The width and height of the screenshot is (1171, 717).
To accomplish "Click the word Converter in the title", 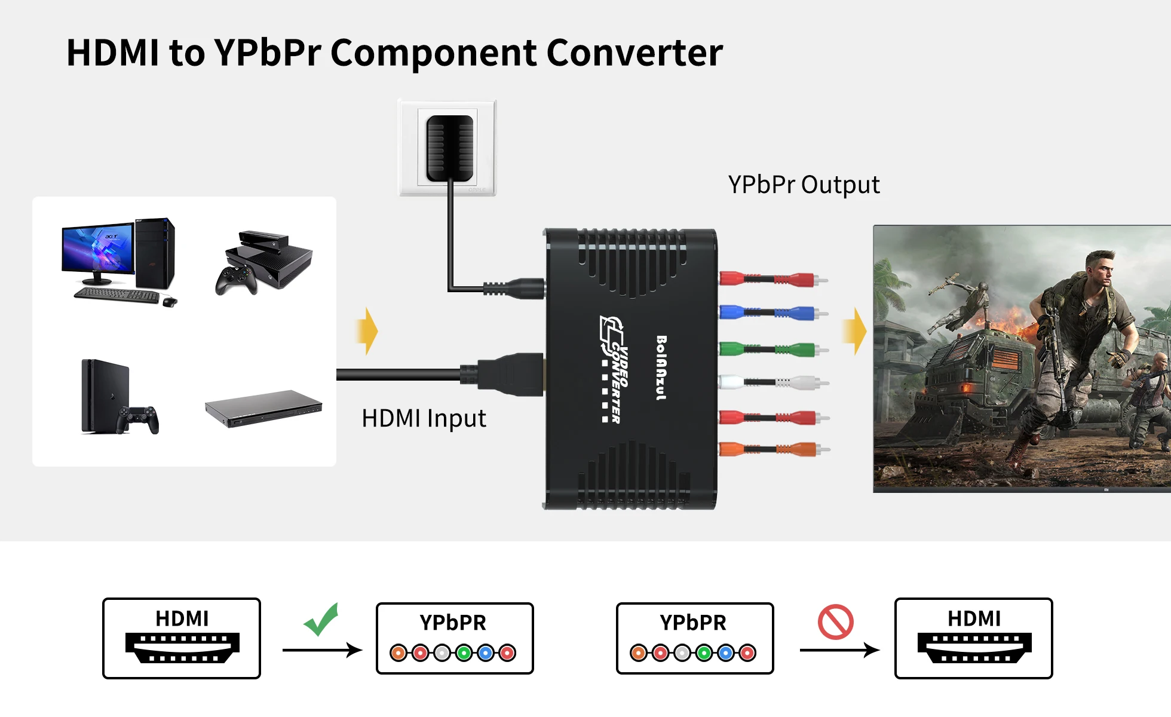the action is pos(634,53).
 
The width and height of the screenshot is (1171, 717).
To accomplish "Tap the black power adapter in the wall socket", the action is pos(450,148).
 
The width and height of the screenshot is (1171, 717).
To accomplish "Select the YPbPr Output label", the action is pos(804,185).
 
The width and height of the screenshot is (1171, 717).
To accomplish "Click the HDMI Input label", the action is pos(424,418).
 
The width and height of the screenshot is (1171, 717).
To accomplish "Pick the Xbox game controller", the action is pos(236,280).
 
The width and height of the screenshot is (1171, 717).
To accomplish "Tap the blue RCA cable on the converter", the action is pos(771,312).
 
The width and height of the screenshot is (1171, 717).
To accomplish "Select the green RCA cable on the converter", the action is pos(771,348).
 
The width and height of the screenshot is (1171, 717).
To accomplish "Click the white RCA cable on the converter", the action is pos(771,382).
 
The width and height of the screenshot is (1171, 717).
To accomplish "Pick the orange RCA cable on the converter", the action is pos(771,449).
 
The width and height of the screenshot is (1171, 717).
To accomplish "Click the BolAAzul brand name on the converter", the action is pos(661,367).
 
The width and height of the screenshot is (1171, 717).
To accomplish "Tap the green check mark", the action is pos(322,620).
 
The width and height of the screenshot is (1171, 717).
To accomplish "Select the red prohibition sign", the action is pos(836,622).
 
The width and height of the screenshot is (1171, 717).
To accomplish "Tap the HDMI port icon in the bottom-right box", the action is pos(974,648).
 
